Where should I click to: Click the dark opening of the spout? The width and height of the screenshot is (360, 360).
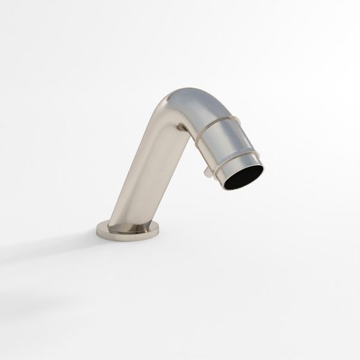(x=243, y=177)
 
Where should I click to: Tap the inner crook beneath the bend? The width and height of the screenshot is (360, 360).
(x=183, y=132)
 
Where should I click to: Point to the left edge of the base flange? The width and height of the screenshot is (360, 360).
(x=98, y=229)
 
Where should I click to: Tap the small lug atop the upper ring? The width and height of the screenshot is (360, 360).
(x=237, y=121)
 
